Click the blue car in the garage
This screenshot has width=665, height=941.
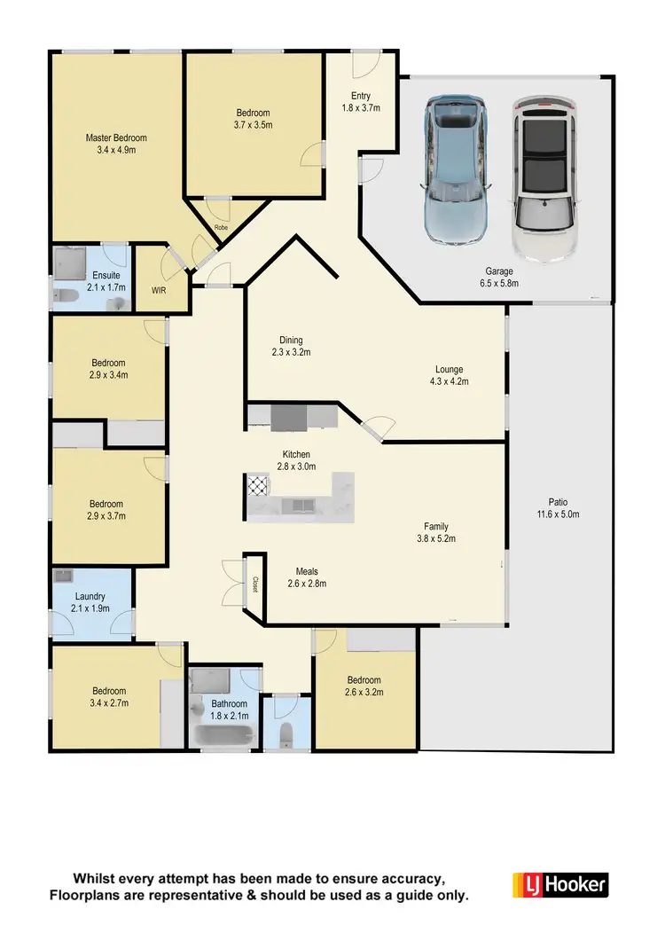(456, 169)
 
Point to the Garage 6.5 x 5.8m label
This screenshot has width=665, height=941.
(501, 277)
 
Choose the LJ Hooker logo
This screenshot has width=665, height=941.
(560, 884)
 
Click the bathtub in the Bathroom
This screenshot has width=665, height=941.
(222, 737)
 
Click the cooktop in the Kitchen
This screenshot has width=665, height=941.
(258, 485)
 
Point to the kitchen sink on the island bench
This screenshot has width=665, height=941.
(296, 506)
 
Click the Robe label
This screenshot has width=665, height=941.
(221, 228)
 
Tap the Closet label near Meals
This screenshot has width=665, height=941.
(254, 584)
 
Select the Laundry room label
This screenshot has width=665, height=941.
(90, 602)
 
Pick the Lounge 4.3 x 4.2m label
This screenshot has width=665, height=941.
(449, 375)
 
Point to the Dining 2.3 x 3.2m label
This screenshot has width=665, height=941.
(291, 346)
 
